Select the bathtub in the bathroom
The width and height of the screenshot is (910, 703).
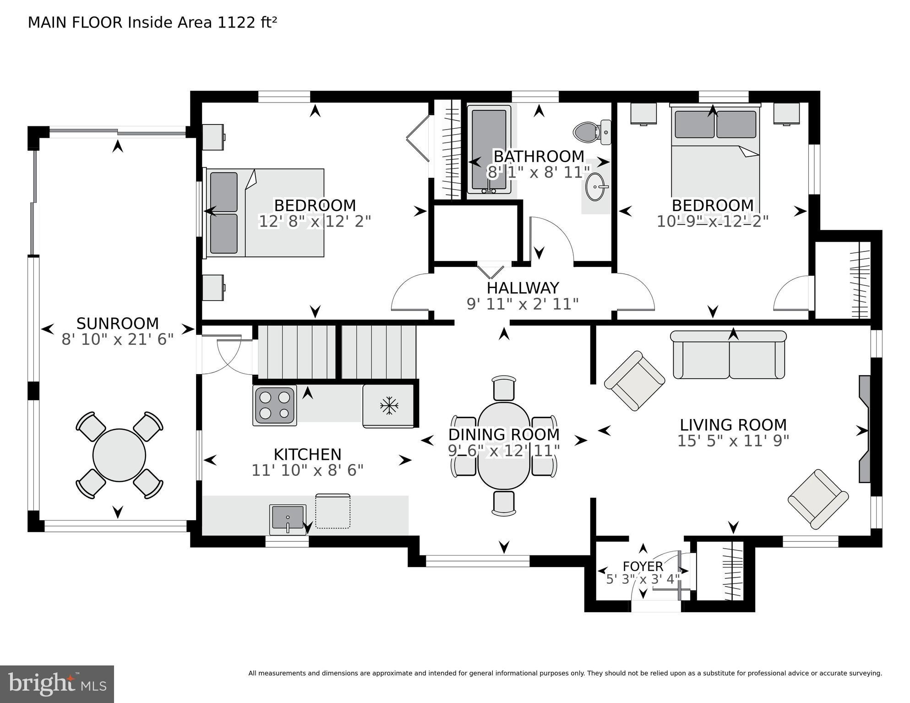click(x=489, y=149)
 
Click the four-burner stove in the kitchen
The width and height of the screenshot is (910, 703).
click(x=274, y=405)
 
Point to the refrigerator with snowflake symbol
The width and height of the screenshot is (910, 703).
click(x=389, y=406)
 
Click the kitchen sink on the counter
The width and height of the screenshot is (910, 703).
click(x=288, y=518)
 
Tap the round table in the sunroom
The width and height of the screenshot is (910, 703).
click(x=119, y=455)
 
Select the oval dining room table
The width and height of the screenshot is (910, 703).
click(x=504, y=446)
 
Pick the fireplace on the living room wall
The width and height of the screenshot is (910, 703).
click(x=864, y=429)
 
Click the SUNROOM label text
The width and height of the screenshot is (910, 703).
click(x=117, y=323)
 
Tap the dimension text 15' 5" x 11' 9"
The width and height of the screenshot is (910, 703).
click(x=733, y=441)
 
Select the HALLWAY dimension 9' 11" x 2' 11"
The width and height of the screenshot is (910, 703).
click(x=522, y=304)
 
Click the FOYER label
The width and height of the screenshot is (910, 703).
click(x=643, y=566)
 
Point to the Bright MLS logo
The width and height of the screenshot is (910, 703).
click(x=57, y=684)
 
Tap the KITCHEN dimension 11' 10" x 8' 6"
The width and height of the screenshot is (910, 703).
click(x=307, y=470)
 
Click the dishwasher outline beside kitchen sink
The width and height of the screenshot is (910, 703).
click(x=333, y=511)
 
